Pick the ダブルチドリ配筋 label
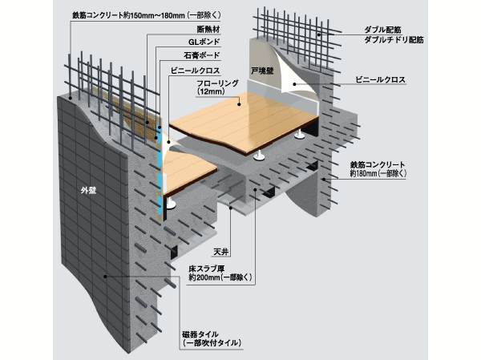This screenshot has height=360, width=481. tap(393, 38)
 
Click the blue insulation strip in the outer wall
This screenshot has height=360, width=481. tap(163, 172)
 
